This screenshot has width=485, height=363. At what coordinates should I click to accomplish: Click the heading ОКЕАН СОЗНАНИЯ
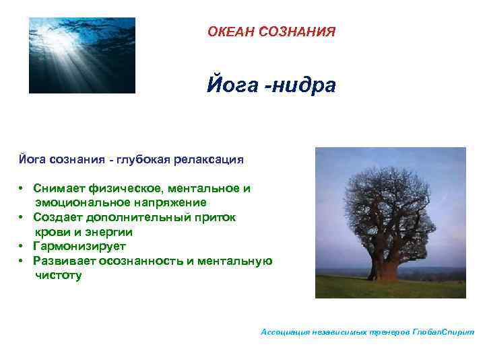pos(271,32)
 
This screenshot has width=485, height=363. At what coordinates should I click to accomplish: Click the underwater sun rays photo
pos(82,55)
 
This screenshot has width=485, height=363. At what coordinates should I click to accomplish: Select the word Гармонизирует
pos(79,247)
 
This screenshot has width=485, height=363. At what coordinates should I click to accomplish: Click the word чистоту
pos(59,275)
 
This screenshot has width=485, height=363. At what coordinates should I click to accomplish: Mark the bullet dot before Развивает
pos(22,261)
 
